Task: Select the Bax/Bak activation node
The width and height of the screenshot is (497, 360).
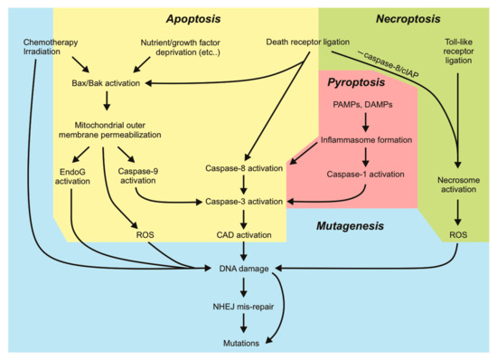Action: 112,83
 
